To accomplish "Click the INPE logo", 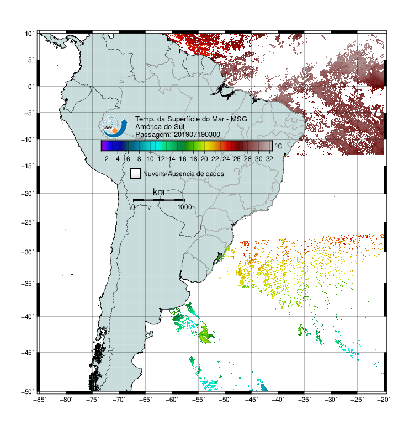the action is coord(115,127).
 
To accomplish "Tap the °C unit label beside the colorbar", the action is coord(278,146).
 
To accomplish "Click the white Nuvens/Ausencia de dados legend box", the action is coord(136,174).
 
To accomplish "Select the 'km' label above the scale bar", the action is coord(158,192).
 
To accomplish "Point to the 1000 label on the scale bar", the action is coord(184,207).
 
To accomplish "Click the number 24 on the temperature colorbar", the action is coord(226,159).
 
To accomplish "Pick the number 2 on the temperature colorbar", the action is coord(107,159).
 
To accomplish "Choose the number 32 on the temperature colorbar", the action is coord(269,159).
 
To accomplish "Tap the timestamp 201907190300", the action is coord(197,135).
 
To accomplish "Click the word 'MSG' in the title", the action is coord(239,119).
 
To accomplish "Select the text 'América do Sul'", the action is coord(160,127).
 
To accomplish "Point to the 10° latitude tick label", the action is coord(29,34).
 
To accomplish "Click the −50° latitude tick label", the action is coord(28,392).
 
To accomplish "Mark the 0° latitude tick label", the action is coord(31,87).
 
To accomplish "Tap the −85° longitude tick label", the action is coord(40,400).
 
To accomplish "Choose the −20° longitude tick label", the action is coord(384,400).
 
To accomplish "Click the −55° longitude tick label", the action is coord(199,400).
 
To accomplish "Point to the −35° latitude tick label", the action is coord(28,283).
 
